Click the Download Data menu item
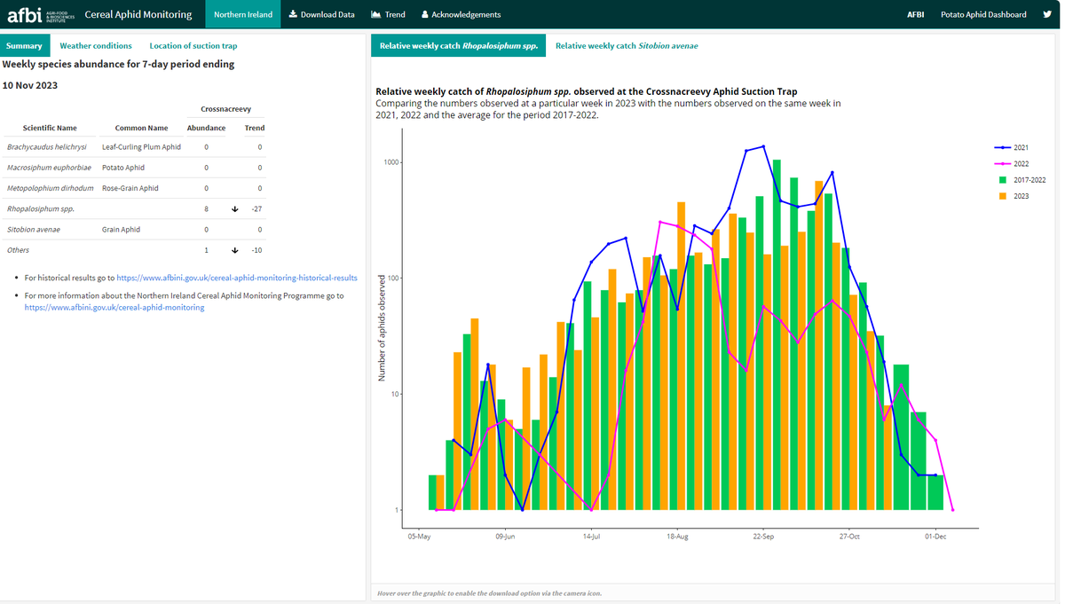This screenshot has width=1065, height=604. tap(322, 14)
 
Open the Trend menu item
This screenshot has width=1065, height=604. tap(388, 14)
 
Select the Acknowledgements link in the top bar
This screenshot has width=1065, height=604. tap(461, 14)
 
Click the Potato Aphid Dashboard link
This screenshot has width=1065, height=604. tap(983, 14)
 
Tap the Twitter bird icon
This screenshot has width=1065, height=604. tap(1047, 14)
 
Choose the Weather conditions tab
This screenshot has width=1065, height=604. tap(96, 45)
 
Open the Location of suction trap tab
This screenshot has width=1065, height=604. tap(193, 45)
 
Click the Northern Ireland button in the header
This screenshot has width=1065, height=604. tap(243, 14)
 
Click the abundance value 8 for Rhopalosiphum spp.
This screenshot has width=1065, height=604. tap(206, 209)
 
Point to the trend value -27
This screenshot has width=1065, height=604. tap(257, 209)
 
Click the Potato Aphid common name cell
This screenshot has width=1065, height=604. tap(123, 168)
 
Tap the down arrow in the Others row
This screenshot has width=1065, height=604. tap(234, 250)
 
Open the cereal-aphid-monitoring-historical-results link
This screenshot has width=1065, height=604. tap(237, 278)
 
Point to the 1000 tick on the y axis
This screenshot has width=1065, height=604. tap(392, 162)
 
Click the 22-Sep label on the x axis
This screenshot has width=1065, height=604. tap(763, 537)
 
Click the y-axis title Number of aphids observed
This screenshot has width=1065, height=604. tap(383, 328)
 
